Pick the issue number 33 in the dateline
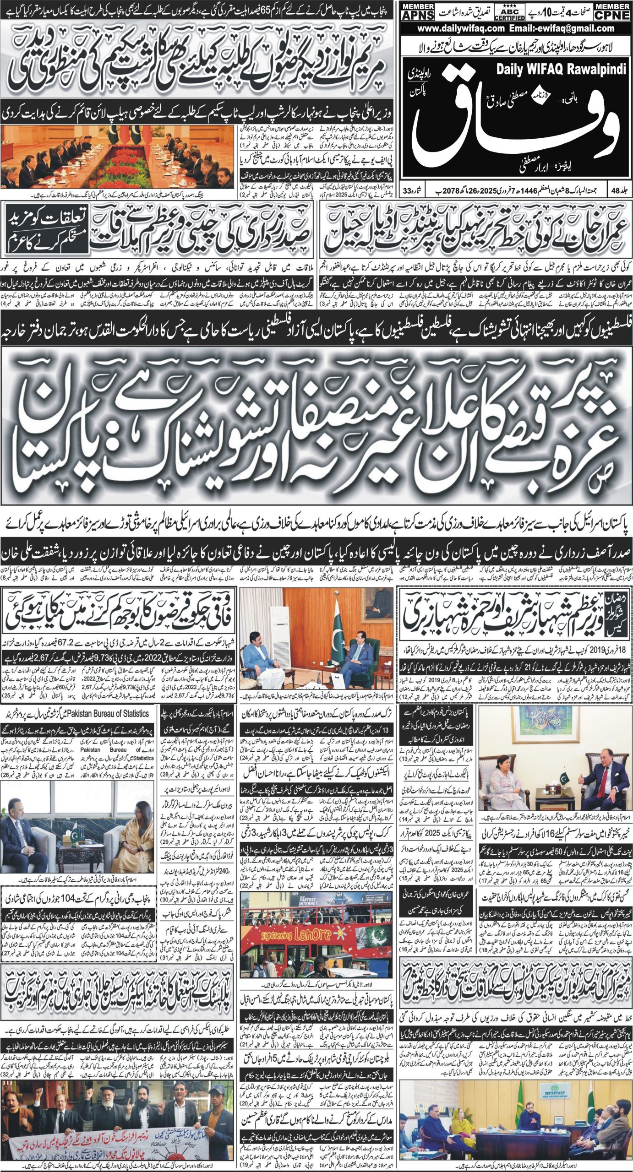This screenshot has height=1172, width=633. coord(408,189)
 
